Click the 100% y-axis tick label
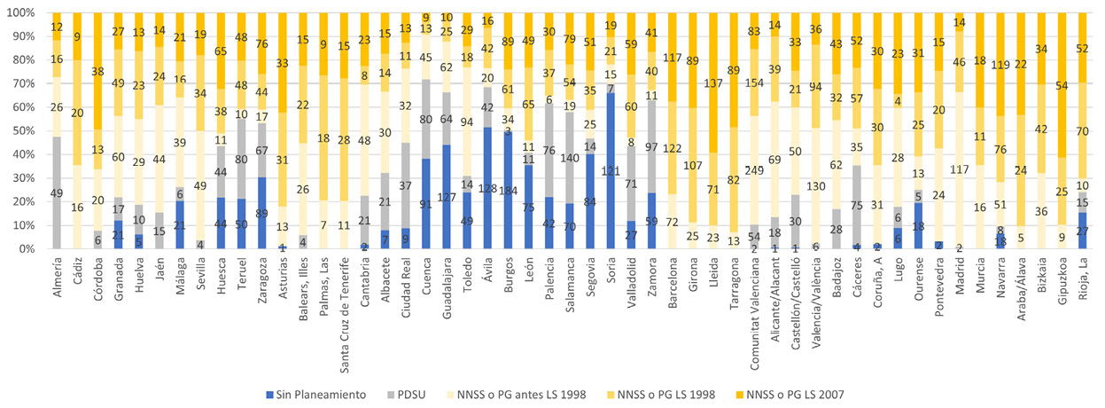pyautogui.click(x=19, y=14)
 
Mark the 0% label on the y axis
pyautogui.click(x=25, y=249)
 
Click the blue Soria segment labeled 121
pyautogui.click(x=611, y=170)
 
